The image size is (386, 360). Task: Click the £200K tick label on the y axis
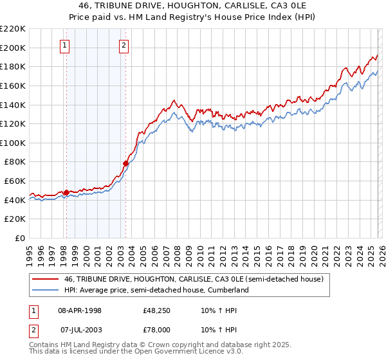13,48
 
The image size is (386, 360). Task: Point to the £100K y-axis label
13,143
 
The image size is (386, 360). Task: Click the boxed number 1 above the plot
66,45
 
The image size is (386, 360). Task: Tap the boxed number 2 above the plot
124,45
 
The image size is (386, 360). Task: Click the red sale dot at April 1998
66,192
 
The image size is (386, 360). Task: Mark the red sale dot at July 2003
125,164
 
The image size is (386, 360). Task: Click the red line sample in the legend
46,279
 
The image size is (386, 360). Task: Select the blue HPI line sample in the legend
46,290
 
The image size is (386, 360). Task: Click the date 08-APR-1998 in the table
85,310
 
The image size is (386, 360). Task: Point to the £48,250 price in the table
156,310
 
